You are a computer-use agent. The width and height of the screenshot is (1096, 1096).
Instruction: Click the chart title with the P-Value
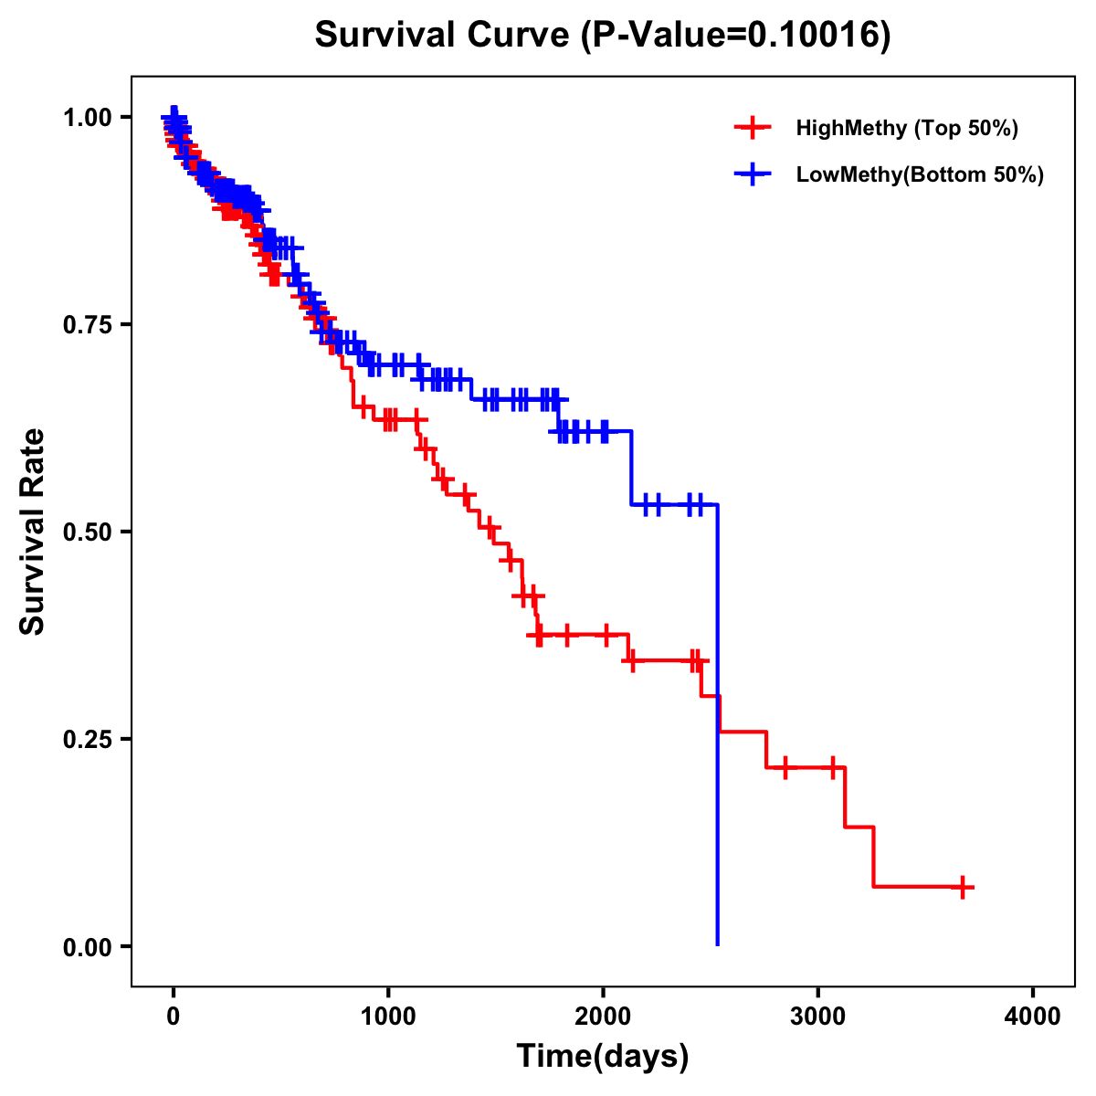click(x=602, y=35)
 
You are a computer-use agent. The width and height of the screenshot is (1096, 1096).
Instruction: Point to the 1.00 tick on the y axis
click(x=88, y=117)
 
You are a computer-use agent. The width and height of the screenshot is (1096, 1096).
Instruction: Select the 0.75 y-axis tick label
click(x=88, y=324)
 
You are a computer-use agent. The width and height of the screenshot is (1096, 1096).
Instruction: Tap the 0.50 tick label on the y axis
click(x=88, y=532)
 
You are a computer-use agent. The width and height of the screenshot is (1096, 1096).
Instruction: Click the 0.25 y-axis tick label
click(x=88, y=739)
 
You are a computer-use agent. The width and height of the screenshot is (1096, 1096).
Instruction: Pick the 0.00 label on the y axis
click(x=88, y=946)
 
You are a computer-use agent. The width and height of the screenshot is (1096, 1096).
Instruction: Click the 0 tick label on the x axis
click(x=173, y=1017)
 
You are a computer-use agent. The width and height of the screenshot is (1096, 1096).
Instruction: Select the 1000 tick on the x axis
click(x=388, y=1017)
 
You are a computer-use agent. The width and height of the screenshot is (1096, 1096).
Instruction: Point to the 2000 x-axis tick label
click(x=603, y=1017)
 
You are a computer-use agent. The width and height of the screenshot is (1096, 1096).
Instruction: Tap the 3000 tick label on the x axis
click(x=818, y=1017)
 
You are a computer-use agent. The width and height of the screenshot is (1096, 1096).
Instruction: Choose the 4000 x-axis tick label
click(x=1033, y=1017)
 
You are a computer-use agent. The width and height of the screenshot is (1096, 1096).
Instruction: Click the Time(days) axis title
click(x=603, y=1057)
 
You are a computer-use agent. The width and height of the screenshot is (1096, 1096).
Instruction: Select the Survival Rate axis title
click(x=33, y=532)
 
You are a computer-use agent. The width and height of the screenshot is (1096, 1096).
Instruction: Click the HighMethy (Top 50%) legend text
click(x=907, y=128)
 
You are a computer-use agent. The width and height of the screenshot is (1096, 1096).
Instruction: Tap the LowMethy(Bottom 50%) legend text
click(x=920, y=174)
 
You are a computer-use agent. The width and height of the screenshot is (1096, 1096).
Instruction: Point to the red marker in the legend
click(x=752, y=128)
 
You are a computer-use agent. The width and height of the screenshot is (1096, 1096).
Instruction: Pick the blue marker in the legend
click(x=752, y=174)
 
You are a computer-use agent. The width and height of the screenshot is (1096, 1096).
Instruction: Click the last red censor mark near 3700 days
click(x=963, y=887)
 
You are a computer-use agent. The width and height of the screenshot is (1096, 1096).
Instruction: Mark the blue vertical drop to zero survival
click(x=718, y=731)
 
